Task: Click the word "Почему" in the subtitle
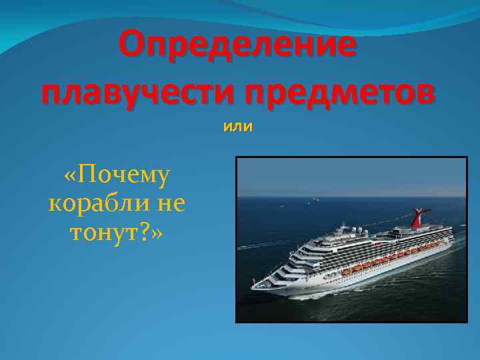[123, 176]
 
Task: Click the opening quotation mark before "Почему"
[71, 176]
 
